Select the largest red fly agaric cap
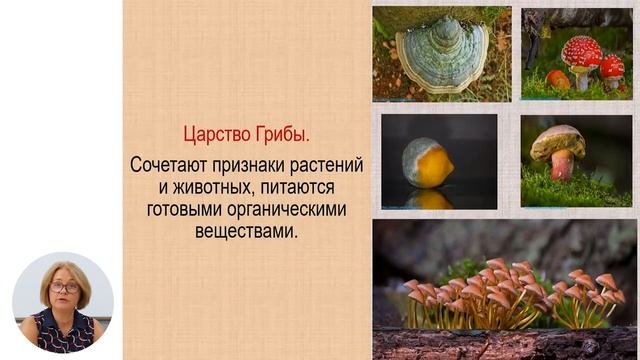click(x=581, y=50)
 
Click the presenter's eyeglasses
click(x=64, y=287)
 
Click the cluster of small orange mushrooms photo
click(x=505, y=290)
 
